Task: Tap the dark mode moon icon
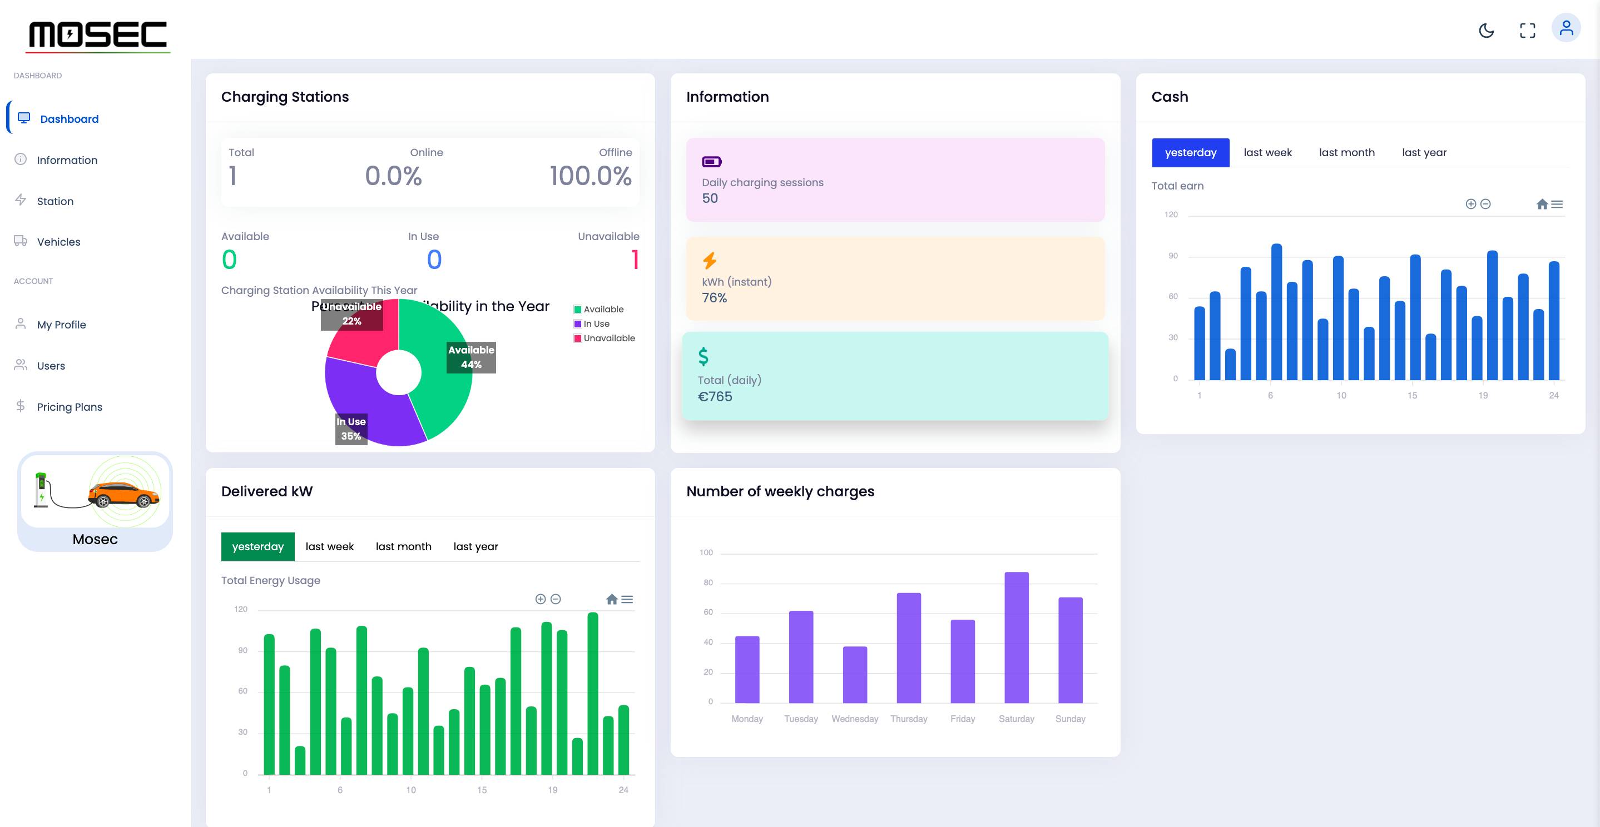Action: [1487, 31]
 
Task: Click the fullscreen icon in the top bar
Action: [1527, 31]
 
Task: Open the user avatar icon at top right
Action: [1566, 28]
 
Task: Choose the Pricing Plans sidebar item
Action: [69, 407]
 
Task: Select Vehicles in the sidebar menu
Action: [58, 242]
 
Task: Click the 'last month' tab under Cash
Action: [1346, 152]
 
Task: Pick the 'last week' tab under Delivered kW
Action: [329, 546]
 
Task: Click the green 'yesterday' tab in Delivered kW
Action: [257, 546]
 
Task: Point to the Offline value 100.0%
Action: [590, 176]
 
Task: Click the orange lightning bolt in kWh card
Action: [709, 260]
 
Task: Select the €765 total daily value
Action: [715, 396]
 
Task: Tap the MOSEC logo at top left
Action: [98, 35]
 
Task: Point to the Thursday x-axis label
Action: [908, 719]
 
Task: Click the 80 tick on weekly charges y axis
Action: [708, 582]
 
